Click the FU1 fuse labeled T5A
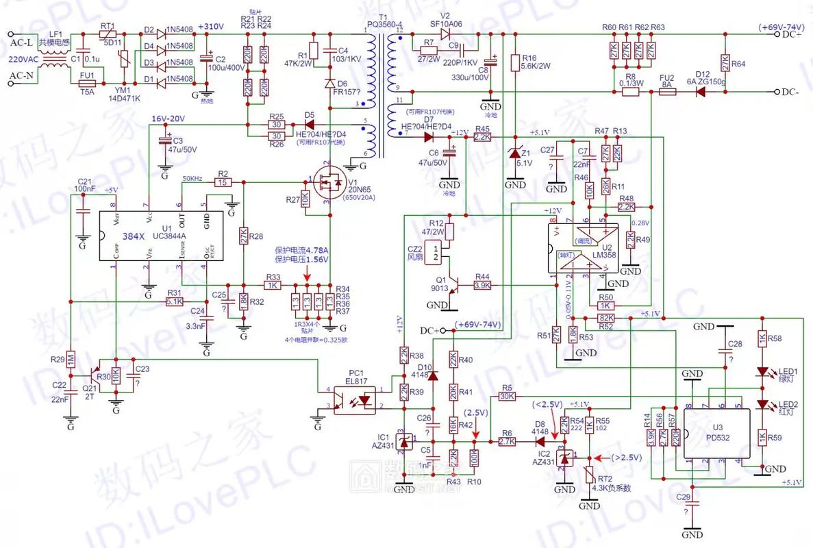click(x=88, y=84)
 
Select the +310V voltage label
click(x=210, y=27)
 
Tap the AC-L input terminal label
click(x=22, y=42)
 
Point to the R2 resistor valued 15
click(x=222, y=183)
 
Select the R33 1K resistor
click(x=273, y=285)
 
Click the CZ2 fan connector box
click(x=433, y=251)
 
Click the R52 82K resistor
click(x=605, y=319)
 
